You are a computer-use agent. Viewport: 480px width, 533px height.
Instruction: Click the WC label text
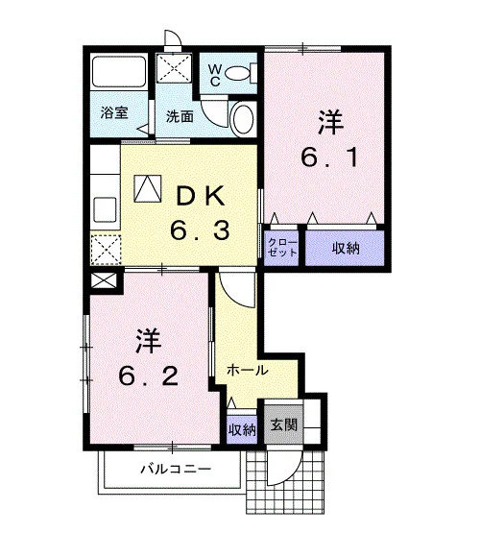(x=214, y=75)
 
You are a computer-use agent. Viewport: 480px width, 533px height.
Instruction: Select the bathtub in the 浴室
(x=119, y=72)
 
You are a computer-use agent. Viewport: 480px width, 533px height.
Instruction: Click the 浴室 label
(x=114, y=113)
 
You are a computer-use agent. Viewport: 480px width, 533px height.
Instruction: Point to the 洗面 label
(x=180, y=116)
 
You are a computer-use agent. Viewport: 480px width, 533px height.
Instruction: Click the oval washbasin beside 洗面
(x=242, y=119)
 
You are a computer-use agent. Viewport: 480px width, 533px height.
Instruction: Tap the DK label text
(x=201, y=196)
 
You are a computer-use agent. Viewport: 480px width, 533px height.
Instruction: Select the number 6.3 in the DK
(x=200, y=230)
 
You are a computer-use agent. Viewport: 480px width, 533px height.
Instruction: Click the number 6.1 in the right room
(x=329, y=157)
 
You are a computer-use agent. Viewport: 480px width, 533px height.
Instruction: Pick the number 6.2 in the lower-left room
(x=149, y=376)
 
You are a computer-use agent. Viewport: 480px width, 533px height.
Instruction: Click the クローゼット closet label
(x=282, y=248)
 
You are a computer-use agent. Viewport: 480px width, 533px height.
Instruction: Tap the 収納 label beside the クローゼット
(x=346, y=249)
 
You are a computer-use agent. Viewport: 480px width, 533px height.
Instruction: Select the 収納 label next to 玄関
(x=242, y=430)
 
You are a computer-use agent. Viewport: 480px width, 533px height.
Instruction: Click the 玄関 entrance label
(x=284, y=424)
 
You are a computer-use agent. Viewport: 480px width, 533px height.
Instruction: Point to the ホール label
(x=248, y=370)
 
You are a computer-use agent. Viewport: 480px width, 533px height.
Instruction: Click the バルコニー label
(x=176, y=470)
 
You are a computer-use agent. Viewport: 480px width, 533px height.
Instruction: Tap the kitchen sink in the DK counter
(x=105, y=209)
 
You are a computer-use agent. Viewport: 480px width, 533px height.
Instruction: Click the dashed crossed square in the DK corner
(x=106, y=250)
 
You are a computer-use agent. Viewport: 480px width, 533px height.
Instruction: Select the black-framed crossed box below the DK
(x=104, y=281)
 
